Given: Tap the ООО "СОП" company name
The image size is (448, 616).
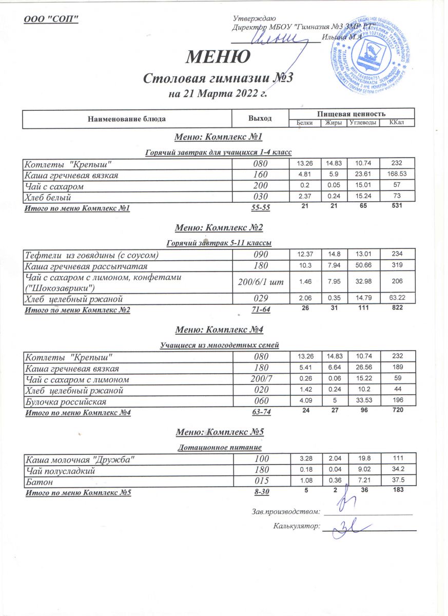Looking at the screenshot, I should tap(51, 20).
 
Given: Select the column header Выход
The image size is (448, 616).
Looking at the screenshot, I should tap(260, 119).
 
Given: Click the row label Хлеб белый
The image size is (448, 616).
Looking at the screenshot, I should tap(47, 197).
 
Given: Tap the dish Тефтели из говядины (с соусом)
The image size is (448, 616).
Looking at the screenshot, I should tap(91, 255).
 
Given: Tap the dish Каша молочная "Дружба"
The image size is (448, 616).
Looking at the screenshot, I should tap(81, 458).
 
